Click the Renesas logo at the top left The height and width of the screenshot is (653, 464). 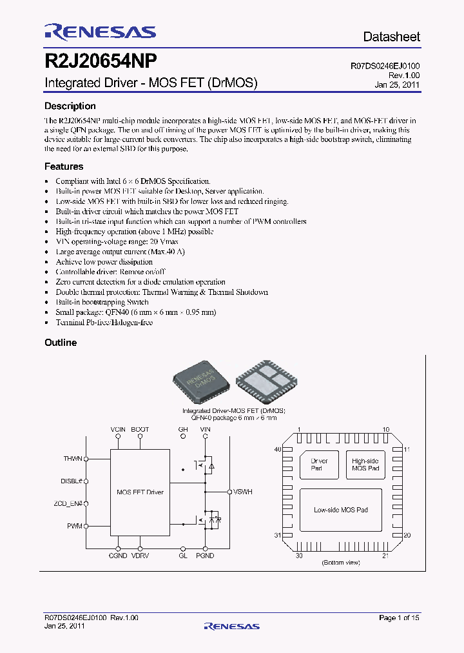click(x=100, y=32)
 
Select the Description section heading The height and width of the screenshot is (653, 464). click(x=70, y=106)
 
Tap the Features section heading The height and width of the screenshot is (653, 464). click(x=64, y=166)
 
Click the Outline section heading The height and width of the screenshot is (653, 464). click(x=61, y=343)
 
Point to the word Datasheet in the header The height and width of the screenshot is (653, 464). click(x=391, y=37)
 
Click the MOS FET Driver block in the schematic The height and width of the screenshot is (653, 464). click(x=140, y=492)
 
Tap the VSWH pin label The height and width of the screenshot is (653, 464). click(x=243, y=492)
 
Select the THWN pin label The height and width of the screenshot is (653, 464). click(x=73, y=459)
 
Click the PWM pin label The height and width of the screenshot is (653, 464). click(x=75, y=527)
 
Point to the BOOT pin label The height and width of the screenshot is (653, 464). click(x=140, y=429)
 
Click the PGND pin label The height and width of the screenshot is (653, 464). click(x=205, y=556)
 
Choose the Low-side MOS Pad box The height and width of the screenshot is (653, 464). click(x=341, y=510)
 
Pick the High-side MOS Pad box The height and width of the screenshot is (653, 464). click(x=365, y=465)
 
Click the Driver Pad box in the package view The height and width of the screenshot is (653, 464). click(x=320, y=465)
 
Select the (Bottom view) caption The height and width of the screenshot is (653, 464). click(x=340, y=563)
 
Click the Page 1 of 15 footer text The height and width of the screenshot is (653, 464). click(x=399, y=618)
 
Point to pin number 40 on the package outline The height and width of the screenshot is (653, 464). click(x=278, y=449)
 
